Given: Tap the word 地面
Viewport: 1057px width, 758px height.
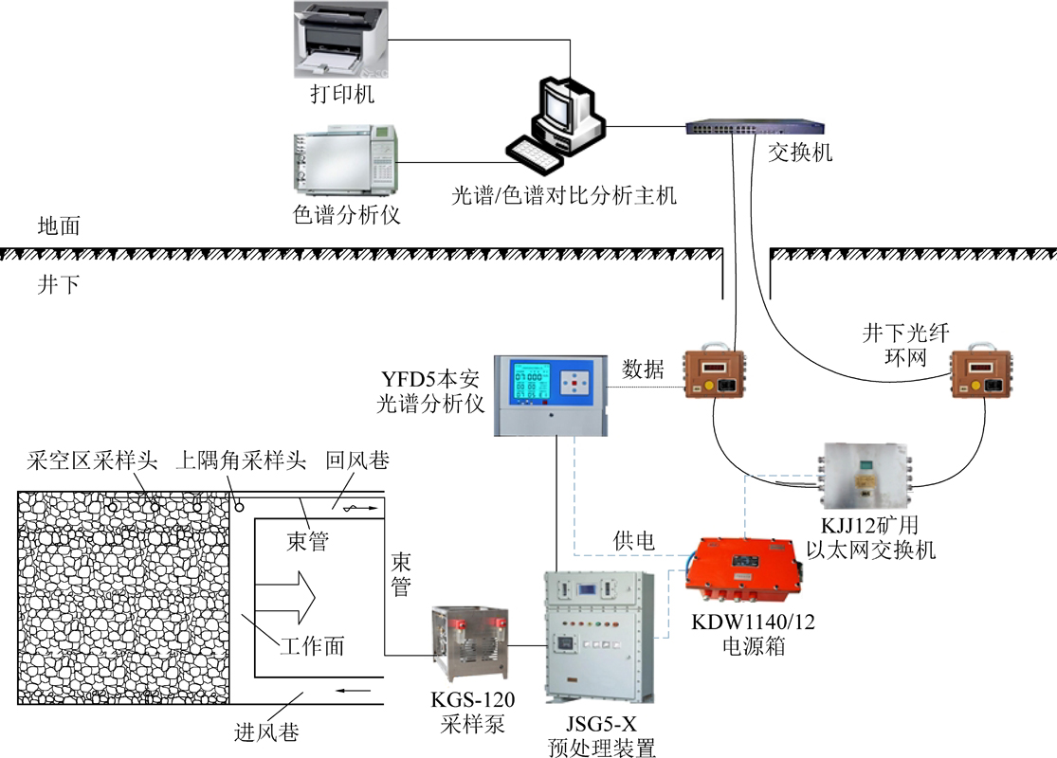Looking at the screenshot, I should tap(58, 226).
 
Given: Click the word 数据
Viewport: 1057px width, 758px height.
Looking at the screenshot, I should tap(643, 367).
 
